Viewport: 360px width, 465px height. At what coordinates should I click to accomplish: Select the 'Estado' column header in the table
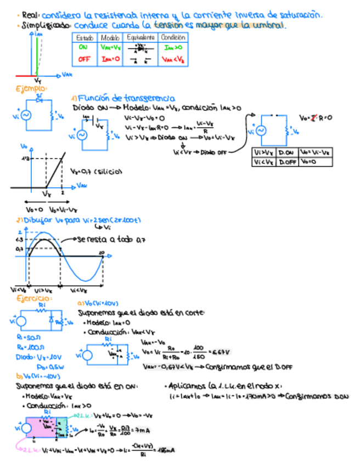tap(85, 37)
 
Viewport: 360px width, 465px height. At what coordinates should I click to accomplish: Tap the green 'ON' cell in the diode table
tap(84, 48)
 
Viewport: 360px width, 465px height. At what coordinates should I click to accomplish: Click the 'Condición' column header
tap(173, 37)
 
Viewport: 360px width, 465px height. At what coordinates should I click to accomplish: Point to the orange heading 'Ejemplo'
tap(31, 88)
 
